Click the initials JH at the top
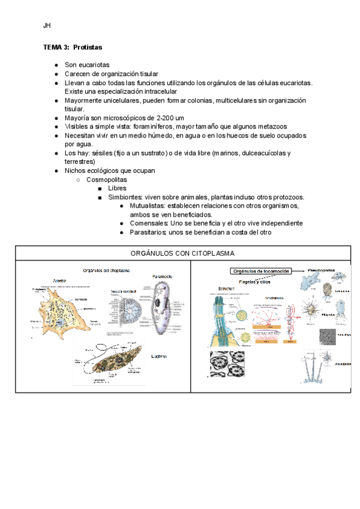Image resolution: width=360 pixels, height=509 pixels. pos(46,26)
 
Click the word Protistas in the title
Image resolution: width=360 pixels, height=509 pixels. pos(88,47)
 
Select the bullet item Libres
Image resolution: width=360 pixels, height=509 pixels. pos(117,188)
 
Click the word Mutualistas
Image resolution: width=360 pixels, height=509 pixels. pos(149,205)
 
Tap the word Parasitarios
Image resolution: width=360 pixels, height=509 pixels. pos(149,232)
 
